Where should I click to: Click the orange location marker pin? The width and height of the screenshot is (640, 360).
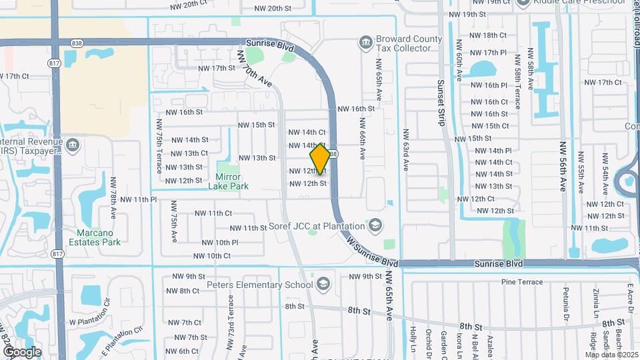coord(321,159)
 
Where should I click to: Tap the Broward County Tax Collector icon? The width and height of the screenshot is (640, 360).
coord(365,43)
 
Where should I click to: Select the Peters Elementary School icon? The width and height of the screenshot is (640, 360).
coord(324,285)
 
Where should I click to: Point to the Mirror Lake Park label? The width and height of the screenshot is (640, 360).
coord(228,181)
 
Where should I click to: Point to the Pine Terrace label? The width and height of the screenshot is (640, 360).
coord(522,282)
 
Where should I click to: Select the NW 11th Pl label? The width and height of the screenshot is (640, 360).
coord(135,199)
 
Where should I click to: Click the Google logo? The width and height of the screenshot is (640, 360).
coord(22,351)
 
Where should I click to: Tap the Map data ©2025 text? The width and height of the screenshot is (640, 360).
coord(611,354)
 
